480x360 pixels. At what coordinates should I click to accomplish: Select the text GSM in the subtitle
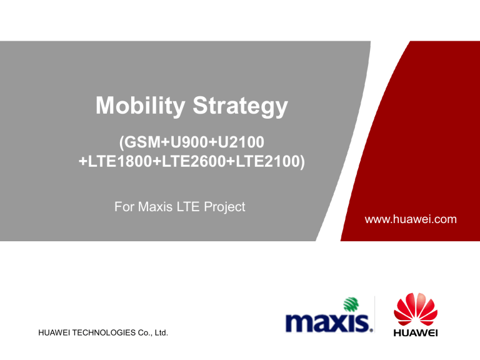tap(140, 142)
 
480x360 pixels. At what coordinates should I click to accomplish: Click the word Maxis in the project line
tap(156, 206)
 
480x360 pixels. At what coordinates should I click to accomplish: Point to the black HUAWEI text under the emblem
tap(416, 332)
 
